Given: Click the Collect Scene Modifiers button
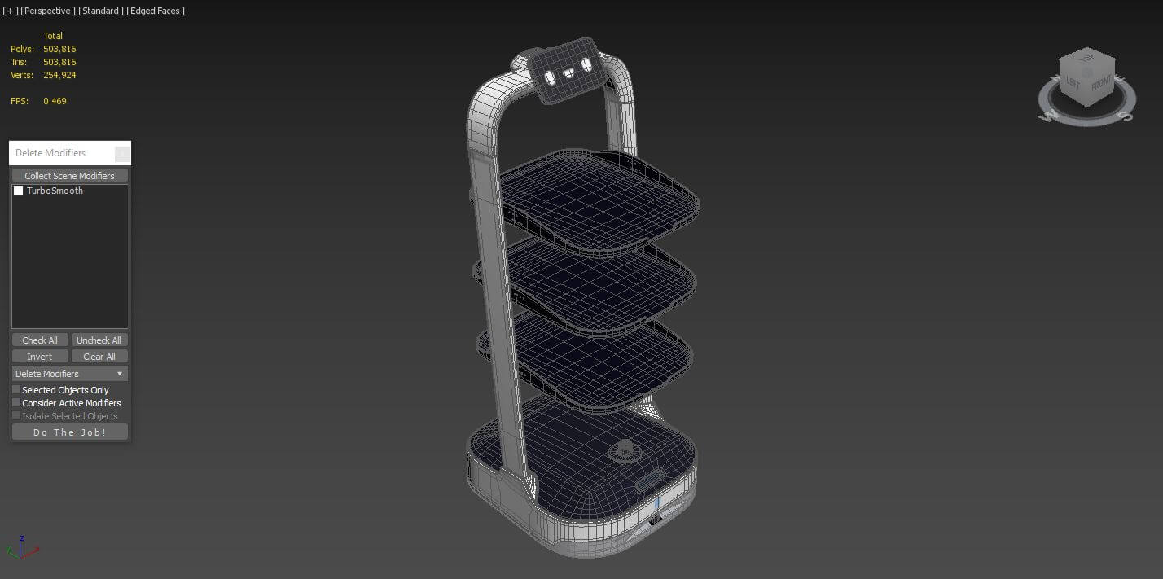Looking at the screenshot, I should pyautogui.click(x=69, y=176).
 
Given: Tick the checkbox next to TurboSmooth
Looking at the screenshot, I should pyautogui.click(x=19, y=191).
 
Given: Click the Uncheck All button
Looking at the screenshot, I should pyautogui.click(x=99, y=340).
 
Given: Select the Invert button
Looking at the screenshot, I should pyautogui.click(x=39, y=357).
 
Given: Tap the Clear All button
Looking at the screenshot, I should pyautogui.click(x=99, y=357).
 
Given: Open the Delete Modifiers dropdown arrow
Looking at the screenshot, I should pyautogui.click(x=120, y=374).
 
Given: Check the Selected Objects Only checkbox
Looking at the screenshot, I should pyautogui.click(x=16, y=390).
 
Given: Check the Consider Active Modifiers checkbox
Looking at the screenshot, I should pyautogui.click(x=16, y=403).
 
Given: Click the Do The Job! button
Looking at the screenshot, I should pyautogui.click(x=69, y=432).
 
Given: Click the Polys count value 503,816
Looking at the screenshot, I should pyautogui.click(x=59, y=49).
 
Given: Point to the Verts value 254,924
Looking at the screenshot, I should pyautogui.click(x=59, y=75).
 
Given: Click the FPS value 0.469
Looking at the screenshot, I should pyautogui.click(x=55, y=101).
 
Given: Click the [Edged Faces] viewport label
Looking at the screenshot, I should pyautogui.click(x=156, y=11).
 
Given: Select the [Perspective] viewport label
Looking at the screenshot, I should pyautogui.click(x=48, y=11).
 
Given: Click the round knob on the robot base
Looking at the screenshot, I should pyautogui.click(x=625, y=449).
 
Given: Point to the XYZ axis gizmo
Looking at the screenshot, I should pyautogui.click(x=25, y=548).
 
